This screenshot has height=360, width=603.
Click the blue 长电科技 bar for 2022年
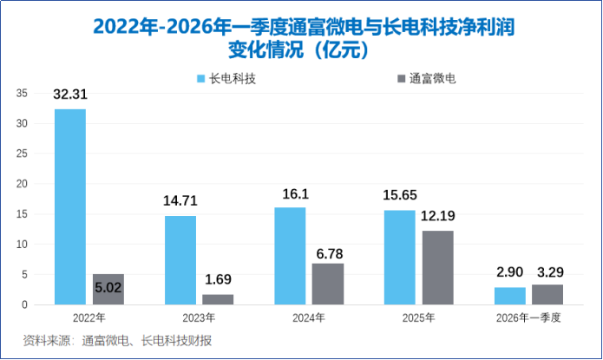70,207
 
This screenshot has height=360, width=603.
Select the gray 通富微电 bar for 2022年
108,290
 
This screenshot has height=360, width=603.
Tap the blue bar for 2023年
180,260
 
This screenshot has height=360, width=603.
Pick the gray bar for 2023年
218,299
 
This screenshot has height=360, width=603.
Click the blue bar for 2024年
290,256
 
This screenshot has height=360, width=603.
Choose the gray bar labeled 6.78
328,285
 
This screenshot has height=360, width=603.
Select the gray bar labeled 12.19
438,268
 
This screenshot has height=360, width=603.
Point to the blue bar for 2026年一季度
510,296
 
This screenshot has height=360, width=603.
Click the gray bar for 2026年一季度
547,295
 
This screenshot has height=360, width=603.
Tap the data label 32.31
70,95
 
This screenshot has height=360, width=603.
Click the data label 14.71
180,200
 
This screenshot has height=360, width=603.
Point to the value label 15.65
400,195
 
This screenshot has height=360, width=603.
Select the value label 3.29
550,272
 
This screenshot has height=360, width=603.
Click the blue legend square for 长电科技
200,78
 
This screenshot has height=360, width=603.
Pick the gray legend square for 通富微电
401,78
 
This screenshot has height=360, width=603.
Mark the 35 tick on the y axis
22,93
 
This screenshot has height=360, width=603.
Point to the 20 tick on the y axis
22,184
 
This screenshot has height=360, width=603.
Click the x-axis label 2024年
309,318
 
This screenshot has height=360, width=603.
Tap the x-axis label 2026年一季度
528,318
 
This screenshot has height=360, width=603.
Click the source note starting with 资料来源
117,340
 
